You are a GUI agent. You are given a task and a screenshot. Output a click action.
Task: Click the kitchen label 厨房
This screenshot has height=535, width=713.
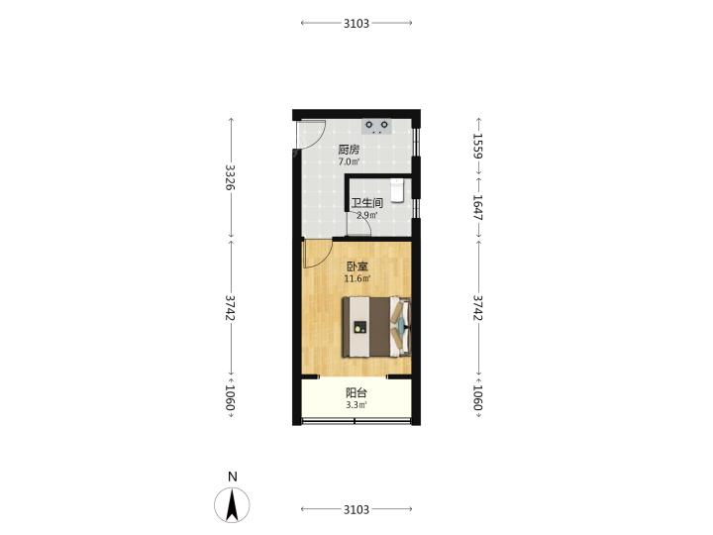point(349,150)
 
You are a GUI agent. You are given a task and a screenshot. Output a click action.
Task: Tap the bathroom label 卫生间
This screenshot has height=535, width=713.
point(366,203)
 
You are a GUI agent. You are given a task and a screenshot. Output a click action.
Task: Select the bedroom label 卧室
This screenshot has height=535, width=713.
point(356,267)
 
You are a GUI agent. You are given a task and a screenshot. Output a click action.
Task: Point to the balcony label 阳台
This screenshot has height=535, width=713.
point(356,393)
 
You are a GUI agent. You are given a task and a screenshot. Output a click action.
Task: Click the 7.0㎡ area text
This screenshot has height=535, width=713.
point(349,161)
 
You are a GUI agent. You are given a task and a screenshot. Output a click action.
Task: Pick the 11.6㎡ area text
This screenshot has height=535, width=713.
point(356,278)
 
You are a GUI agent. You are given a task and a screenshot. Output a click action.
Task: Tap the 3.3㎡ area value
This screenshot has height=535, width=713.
point(356,405)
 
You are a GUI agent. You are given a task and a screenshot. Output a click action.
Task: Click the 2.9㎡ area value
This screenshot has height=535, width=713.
point(366,215)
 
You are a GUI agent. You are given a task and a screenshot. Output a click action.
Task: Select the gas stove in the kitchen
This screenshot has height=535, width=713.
point(376,126)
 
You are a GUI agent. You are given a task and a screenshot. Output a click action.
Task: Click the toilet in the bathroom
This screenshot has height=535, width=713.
point(397,190)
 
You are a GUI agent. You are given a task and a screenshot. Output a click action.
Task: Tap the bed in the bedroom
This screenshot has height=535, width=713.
point(376,327)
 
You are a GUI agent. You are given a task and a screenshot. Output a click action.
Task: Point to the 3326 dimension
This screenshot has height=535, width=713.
point(231,177)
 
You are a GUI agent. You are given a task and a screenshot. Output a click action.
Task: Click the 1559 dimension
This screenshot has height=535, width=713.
point(478,146)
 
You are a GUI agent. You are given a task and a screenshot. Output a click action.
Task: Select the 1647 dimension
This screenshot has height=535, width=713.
point(478,207)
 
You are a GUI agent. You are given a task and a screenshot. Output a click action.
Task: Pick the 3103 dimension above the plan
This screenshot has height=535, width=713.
point(356,23)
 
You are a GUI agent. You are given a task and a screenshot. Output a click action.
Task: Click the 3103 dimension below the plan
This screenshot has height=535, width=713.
point(356,509)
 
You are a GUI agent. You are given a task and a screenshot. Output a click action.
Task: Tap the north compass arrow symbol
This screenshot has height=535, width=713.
point(232,505)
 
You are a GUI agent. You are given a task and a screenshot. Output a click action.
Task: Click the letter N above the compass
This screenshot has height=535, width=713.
point(233,477)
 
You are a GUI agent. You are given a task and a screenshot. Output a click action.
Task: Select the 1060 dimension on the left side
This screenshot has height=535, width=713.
point(231,397)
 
